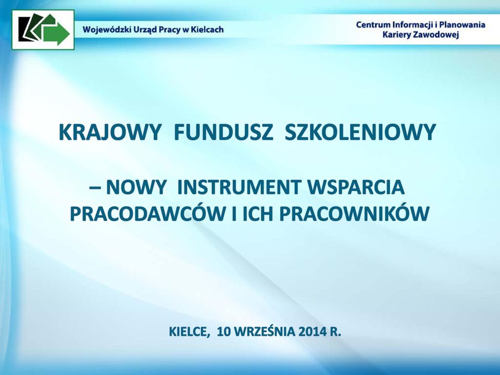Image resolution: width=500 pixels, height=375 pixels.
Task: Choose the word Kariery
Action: (x=396, y=35)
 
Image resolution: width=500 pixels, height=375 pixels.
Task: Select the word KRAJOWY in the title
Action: (x=109, y=132)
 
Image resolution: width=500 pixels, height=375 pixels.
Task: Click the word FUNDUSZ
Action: (x=223, y=132)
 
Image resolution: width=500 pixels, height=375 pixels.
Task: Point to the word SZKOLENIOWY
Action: (x=360, y=132)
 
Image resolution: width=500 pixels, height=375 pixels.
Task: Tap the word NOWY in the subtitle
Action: (x=136, y=187)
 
